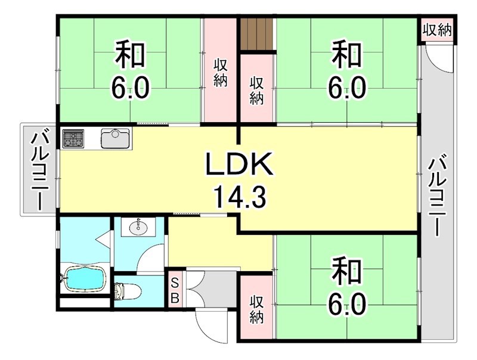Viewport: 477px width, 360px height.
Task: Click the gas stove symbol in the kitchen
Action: [73, 138]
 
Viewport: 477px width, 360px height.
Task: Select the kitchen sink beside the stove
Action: [114, 138]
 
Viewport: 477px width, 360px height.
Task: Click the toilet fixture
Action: [127, 291]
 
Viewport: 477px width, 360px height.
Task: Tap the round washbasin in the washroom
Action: [139, 226]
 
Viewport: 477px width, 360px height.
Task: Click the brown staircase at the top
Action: [256, 35]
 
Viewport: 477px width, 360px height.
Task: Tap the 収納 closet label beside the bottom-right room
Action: [256, 310]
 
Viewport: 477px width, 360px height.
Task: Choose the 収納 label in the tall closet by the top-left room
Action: [221, 72]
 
